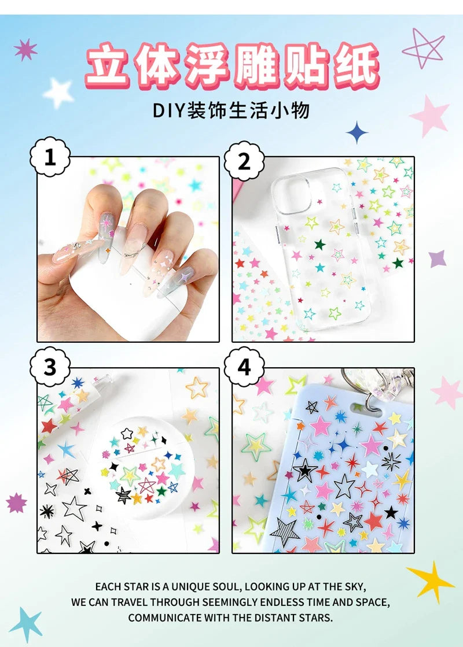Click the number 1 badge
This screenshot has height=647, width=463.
pyautogui.click(x=50, y=157)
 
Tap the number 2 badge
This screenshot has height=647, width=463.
pyautogui.click(x=244, y=161)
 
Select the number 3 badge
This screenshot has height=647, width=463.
pyautogui.click(x=50, y=367)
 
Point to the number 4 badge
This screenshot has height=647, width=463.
pyautogui.click(x=244, y=367)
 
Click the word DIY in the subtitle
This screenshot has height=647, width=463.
pyautogui.click(x=169, y=110)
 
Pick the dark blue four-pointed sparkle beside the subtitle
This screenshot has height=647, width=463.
pyautogui.click(x=357, y=132)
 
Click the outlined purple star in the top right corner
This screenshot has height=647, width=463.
pyautogui.click(x=423, y=49)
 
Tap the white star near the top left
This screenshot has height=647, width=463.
pyautogui.click(x=58, y=93)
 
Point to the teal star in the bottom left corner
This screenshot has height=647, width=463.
pyautogui.click(x=26, y=624)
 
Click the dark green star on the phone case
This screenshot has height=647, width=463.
pyautogui.click(x=319, y=245)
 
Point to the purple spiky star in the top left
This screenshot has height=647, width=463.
pyautogui.click(x=25, y=50)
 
